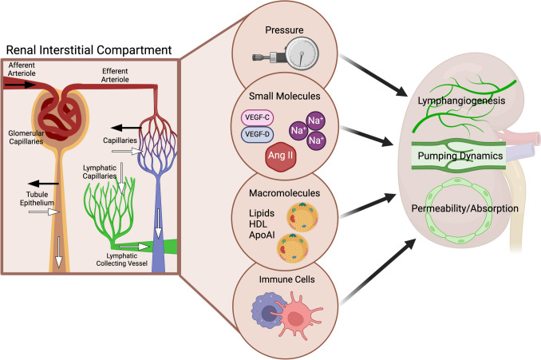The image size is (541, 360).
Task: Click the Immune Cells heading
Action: point(286,281)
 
